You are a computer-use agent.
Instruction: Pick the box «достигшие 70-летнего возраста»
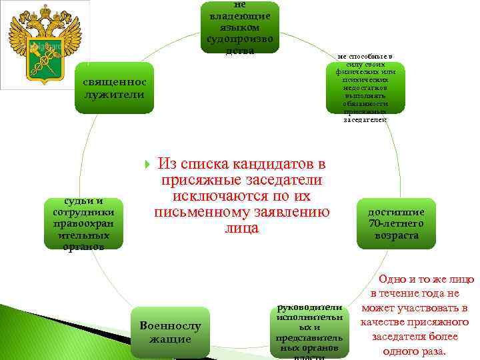pyautogui.click(x=396, y=223)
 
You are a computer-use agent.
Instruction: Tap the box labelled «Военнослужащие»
pyautogui.click(x=170, y=331)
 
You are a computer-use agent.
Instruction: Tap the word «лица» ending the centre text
pyautogui.click(x=241, y=228)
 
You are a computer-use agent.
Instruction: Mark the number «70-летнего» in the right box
pyautogui.click(x=396, y=223)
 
